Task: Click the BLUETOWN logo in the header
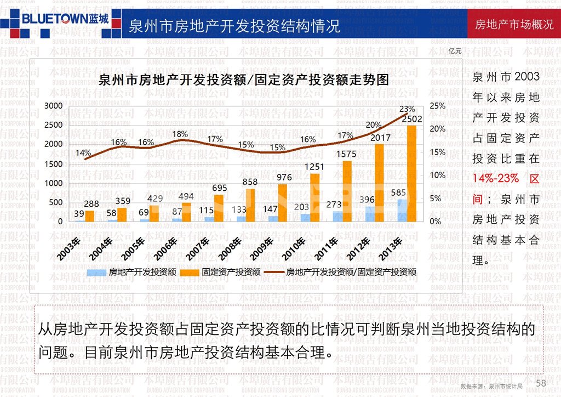64,18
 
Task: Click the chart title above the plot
243,80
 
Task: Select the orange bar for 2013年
411,173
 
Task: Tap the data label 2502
411,119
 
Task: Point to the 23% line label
407,109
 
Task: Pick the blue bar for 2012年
371,214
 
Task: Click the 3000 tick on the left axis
53,105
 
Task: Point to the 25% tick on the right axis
437,105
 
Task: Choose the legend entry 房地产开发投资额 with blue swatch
131,271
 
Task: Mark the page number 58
541,383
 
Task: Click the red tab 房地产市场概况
514,25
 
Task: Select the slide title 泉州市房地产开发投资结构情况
234,26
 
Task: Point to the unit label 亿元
455,51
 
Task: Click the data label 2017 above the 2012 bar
380,138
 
